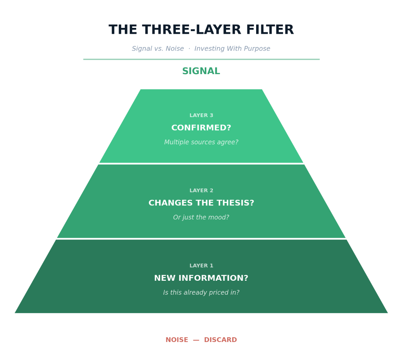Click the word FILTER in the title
pos(270,30)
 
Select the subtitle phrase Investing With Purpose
pos(232,49)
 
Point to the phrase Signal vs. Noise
pos(158,49)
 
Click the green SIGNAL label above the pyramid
pos(201,72)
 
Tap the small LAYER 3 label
pos(201,116)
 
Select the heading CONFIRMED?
pos(201,128)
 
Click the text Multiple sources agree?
pos(201,142)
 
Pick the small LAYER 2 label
pos(201,191)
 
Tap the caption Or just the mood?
pos(201,218)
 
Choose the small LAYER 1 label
pos(201,266)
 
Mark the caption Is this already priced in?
pos(201,293)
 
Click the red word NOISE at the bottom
pos(177,340)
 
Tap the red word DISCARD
pos(220,340)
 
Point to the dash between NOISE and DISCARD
pos(196,340)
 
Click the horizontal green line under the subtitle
pos(201,59)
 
